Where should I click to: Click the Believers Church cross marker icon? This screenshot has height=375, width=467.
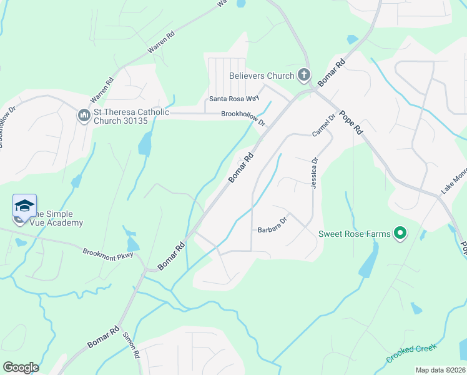point(304,76)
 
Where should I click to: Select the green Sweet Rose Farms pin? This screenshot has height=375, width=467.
point(400,234)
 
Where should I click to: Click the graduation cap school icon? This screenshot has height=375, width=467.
point(24,206)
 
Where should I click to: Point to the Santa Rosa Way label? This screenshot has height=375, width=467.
point(234,99)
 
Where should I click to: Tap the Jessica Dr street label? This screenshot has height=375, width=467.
point(314,169)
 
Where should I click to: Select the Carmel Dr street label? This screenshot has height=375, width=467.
point(325,125)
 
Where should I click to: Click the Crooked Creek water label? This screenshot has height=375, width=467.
point(412,353)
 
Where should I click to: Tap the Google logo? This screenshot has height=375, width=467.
point(21,367)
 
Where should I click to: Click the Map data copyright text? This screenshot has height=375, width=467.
point(441,370)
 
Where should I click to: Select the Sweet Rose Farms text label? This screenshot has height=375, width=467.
point(355,234)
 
